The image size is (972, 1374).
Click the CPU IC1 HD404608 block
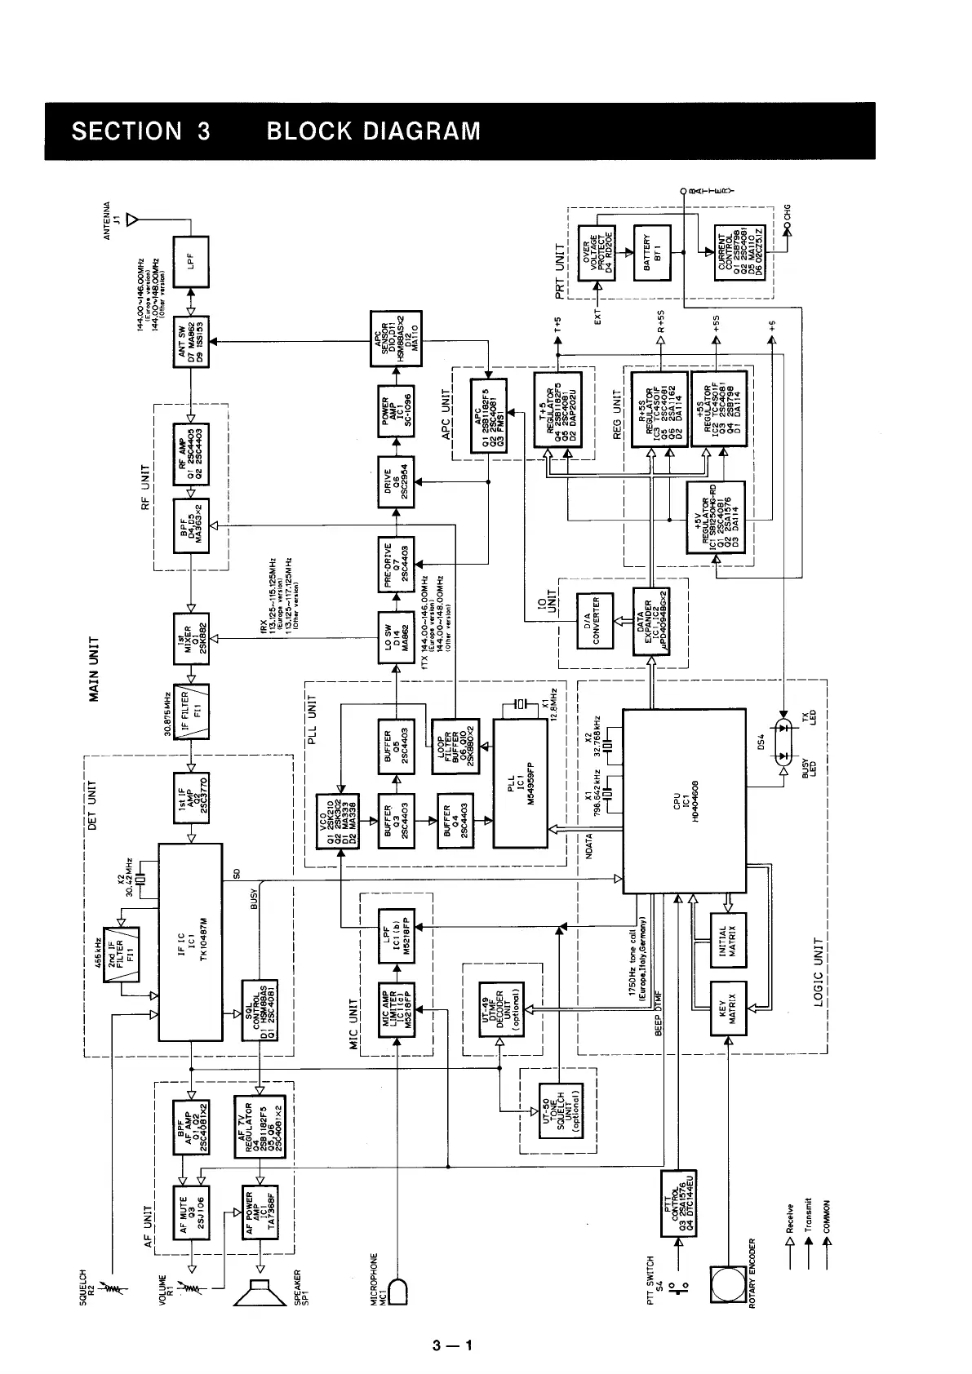pyautogui.click(x=684, y=800)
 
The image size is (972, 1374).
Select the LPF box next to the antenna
pyautogui.click(x=191, y=261)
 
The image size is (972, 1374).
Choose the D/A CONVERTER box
pyautogui.click(x=594, y=621)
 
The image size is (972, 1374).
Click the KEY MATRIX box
pyautogui.click(x=729, y=1008)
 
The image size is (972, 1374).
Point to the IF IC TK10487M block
pyautogui.click(x=190, y=942)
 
